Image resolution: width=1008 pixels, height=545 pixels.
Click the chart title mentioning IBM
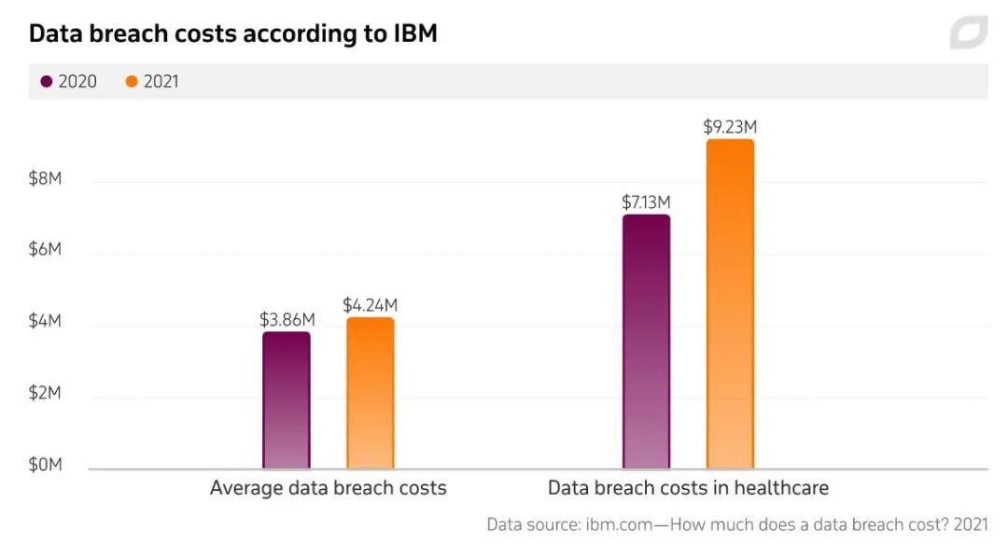coord(233,35)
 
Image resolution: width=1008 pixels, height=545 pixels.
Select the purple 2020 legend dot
coord(47,82)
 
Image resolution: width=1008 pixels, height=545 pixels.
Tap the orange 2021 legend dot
coord(132,82)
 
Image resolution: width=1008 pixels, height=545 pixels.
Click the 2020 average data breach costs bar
coord(287,400)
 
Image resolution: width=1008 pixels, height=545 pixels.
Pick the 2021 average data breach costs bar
coord(371,393)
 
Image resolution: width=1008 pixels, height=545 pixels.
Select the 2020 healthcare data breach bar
coord(646,342)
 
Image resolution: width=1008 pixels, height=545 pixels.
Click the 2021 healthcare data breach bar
coord(730,304)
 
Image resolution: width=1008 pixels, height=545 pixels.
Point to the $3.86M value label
coord(287,319)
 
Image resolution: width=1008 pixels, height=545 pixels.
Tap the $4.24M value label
coord(371,305)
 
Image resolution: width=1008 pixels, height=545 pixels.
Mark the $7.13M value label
coord(646,203)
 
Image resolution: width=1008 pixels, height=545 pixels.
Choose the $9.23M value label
coord(731,127)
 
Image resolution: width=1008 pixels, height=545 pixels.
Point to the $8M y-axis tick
coord(45,179)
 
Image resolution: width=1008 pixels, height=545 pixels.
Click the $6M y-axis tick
coord(45,250)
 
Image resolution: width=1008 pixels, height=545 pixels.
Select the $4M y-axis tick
coord(45,322)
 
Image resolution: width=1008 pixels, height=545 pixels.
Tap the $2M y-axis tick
coord(45,393)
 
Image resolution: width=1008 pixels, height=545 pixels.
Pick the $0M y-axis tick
coord(45,465)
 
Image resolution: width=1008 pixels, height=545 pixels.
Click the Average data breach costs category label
coord(329,488)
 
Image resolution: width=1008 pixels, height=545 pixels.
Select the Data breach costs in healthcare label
coord(688,488)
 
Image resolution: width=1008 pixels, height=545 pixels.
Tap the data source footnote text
coord(737,524)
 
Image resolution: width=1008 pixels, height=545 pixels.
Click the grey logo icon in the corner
coord(968,33)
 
